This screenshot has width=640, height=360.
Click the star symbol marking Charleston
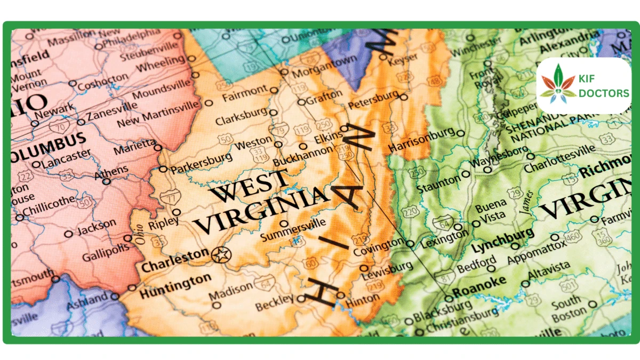(x=220, y=255)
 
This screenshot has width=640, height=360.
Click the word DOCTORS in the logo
(x=604, y=93)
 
